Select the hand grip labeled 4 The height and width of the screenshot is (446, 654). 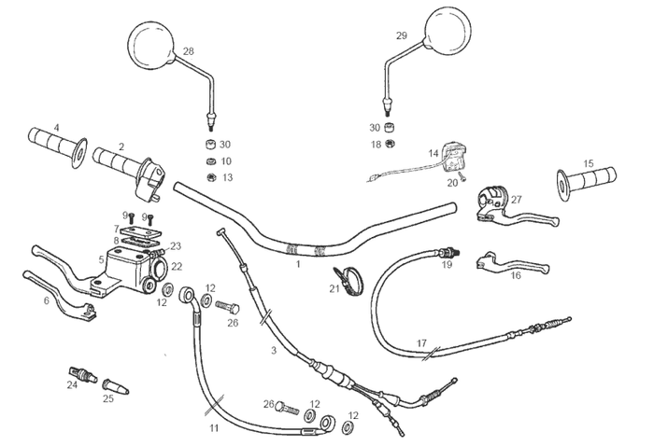(59, 143)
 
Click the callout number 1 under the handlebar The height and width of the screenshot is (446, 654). (298, 266)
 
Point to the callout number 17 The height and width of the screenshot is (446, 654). (421, 343)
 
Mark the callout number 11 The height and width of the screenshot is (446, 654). (214, 428)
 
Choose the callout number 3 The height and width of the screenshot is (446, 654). (274, 350)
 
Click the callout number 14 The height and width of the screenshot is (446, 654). (434, 152)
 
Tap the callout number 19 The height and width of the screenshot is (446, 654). (447, 265)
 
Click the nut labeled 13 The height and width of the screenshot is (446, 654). (212, 176)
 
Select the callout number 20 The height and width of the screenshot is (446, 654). (452, 183)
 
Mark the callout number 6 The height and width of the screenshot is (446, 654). (46, 300)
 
